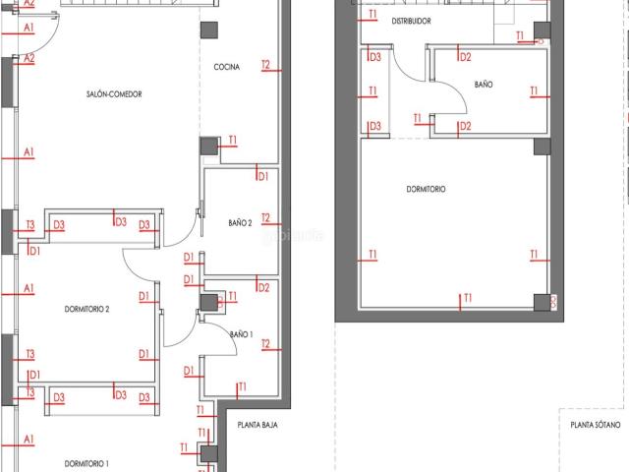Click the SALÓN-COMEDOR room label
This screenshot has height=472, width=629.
(114, 94)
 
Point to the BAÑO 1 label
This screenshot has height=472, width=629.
(242, 335)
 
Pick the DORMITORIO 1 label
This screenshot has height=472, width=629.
(86, 462)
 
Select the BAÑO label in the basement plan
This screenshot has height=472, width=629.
(484, 86)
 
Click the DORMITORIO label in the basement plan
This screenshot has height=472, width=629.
(425, 189)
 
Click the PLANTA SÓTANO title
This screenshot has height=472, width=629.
(596, 426)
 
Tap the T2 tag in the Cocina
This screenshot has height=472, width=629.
(265, 66)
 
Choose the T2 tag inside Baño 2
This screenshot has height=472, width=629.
(265, 219)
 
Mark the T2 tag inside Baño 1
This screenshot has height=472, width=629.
(265, 344)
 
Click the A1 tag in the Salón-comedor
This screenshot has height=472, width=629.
(29, 151)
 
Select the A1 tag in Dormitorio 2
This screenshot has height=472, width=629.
(29, 288)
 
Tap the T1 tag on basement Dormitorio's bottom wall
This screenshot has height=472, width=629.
(468, 297)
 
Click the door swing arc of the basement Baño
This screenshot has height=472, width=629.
(447, 108)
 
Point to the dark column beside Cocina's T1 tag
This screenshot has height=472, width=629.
(208, 146)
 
